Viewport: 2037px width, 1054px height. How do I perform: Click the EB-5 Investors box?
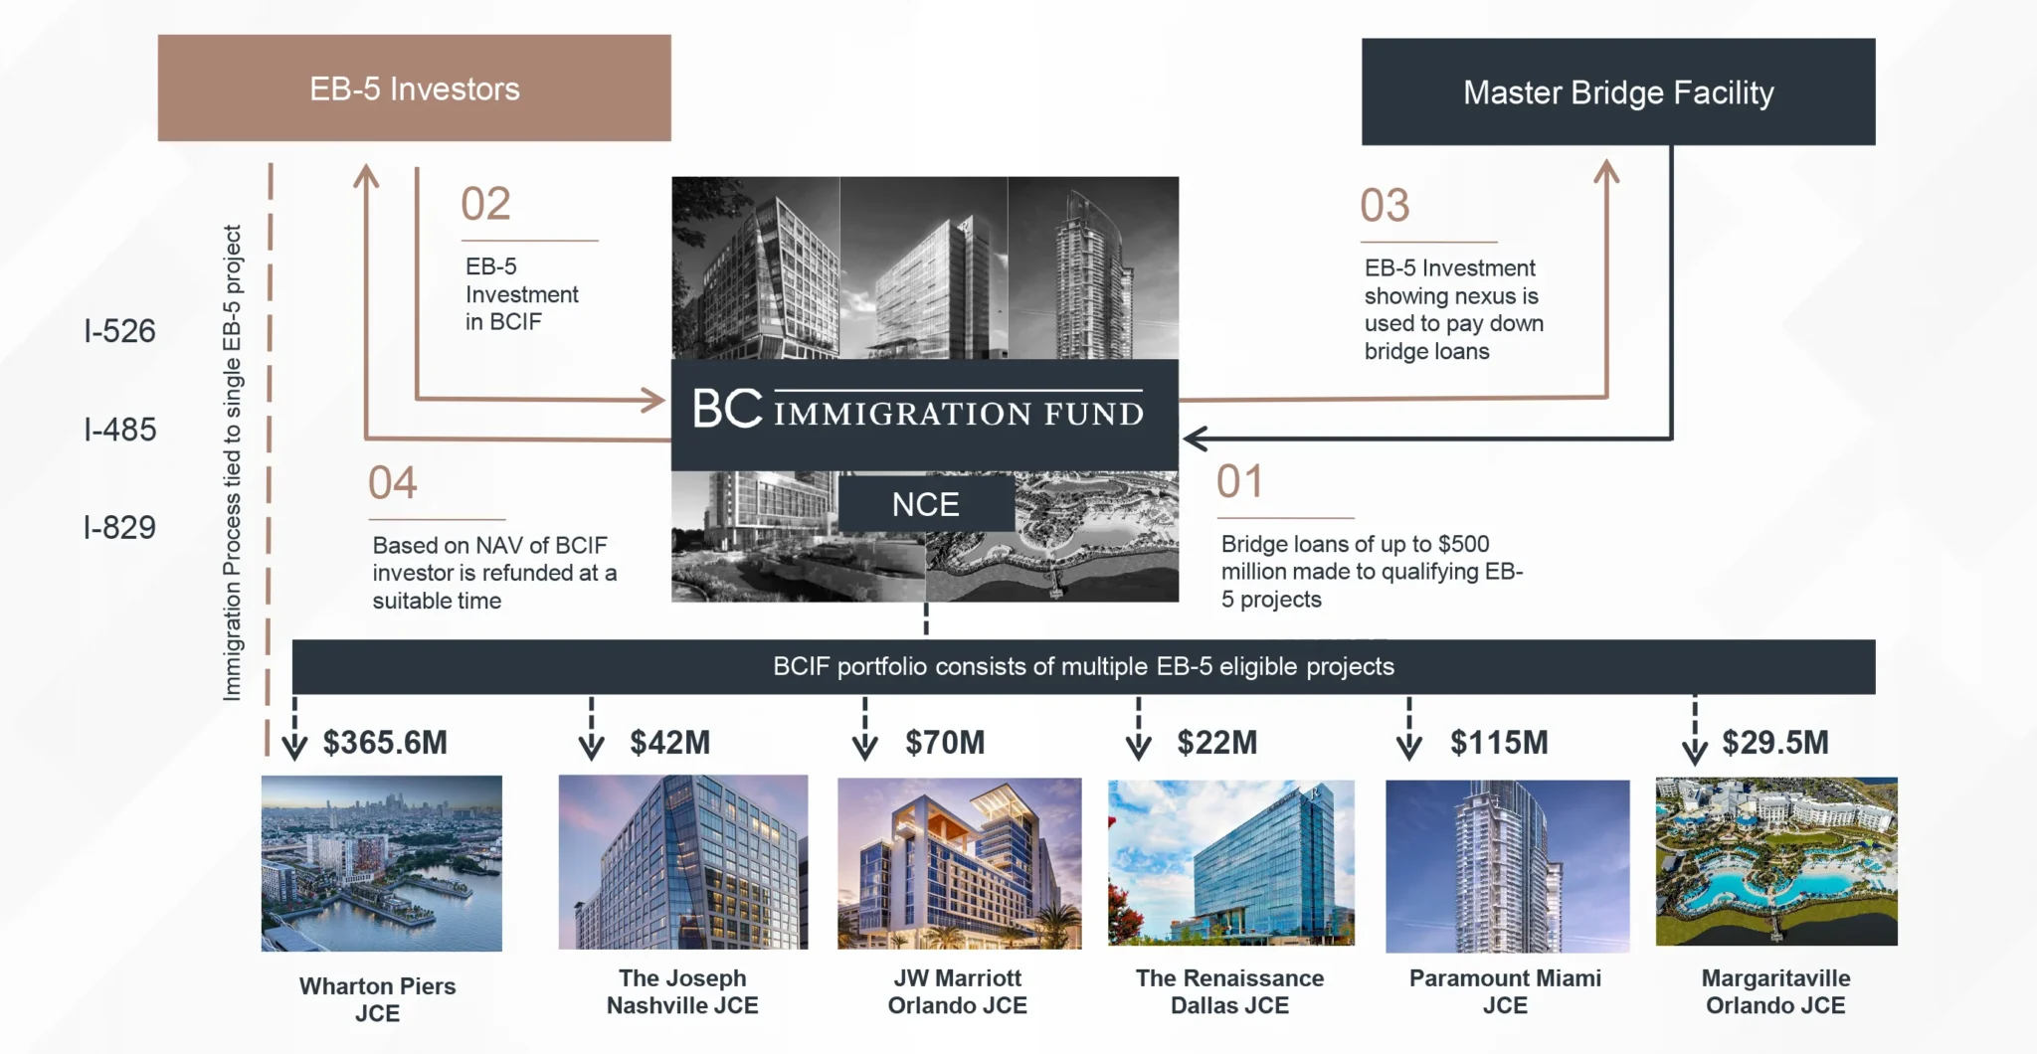(x=414, y=88)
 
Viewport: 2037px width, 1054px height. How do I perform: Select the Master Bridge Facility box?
(x=1617, y=92)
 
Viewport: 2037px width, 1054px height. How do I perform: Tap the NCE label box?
(x=925, y=504)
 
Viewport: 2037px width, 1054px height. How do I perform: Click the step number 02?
(x=485, y=204)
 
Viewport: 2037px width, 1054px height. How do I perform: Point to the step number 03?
(x=1385, y=206)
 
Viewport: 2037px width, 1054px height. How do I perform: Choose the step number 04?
(x=393, y=483)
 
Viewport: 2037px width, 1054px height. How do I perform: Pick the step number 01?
(x=1239, y=482)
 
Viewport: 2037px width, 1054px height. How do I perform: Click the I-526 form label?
(x=119, y=331)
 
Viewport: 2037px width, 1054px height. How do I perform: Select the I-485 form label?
(x=120, y=430)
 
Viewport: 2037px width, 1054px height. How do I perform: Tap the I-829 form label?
(x=119, y=527)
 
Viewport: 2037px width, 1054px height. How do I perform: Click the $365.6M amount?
(x=385, y=743)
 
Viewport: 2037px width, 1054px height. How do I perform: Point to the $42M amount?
(x=669, y=743)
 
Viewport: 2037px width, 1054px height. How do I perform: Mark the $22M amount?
(x=1216, y=743)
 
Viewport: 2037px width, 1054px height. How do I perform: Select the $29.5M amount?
(x=1774, y=743)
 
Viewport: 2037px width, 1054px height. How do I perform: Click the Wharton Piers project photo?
(x=381, y=863)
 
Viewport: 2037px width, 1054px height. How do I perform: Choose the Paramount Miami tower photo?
(x=1507, y=865)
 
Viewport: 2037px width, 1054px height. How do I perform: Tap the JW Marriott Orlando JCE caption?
(x=957, y=991)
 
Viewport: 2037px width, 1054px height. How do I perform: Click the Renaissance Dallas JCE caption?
(x=1229, y=991)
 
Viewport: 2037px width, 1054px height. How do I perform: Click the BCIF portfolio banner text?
(x=1083, y=666)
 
